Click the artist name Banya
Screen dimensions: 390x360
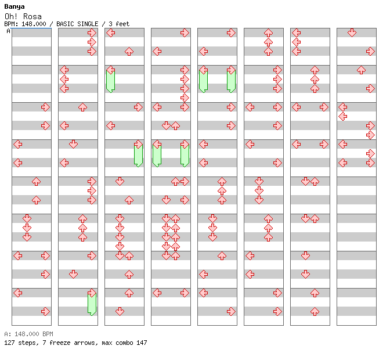pyautogui.click(x=15, y=7)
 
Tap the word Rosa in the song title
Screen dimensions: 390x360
pyautogui.click(x=32, y=17)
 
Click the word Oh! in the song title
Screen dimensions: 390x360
pyautogui.click(x=11, y=17)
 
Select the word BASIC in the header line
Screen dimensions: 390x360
pyautogui.click(x=66, y=24)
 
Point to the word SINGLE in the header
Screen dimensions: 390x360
pyautogui.click(x=88, y=24)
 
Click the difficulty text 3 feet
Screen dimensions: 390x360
pyautogui.click(x=119, y=24)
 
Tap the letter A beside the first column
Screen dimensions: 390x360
pyautogui.click(x=8, y=31)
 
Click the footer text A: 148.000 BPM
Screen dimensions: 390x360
pyautogui.click(x=28, y=334)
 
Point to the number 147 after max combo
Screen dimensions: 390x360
pyautogui.click(x=142, y=343)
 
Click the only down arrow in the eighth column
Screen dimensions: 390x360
pyautogui.click(x=352, y=33)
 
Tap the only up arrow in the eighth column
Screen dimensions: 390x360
pyautogui.click(x=361, y=70)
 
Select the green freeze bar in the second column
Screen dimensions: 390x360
pyautogui.click(x=92, y=304)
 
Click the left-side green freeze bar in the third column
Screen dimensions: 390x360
pyautogui.click(x=110, y=81)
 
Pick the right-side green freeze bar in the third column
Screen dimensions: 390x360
pyautogui.click(x=138, y=156)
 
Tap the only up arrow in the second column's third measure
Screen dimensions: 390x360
pyautogui.click(x=82, y=107)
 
